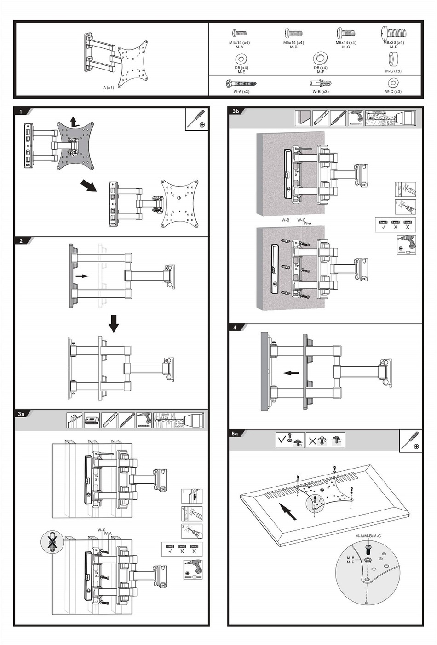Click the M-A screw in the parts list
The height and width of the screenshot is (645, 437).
coord(239,33)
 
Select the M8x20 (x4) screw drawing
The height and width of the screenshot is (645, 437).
coord(393,33)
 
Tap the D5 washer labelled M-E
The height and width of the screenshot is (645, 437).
coord(241,59)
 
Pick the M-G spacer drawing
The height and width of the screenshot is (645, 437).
coord(393,59)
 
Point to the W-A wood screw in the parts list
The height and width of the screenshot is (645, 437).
coord(241,83)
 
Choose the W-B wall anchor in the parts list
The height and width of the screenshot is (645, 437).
coord(320,83)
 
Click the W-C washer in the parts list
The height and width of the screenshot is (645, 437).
coord(393,83)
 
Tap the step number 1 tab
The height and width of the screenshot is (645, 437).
coord(21,112)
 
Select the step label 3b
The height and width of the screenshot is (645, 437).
coord(236,111)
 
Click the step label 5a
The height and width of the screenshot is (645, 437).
coord(235,434)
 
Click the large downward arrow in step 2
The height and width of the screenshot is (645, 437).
coord(114,323)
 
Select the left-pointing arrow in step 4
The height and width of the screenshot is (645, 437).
coord(291,373)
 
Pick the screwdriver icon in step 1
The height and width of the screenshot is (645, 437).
coord(197,119)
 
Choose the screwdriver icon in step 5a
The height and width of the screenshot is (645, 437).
coord(411,440)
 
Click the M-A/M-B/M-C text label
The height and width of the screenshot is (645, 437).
coord(368,536)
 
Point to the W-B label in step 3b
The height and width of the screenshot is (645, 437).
coord(285,220)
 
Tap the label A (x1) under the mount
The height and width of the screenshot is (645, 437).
coord(109,88)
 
